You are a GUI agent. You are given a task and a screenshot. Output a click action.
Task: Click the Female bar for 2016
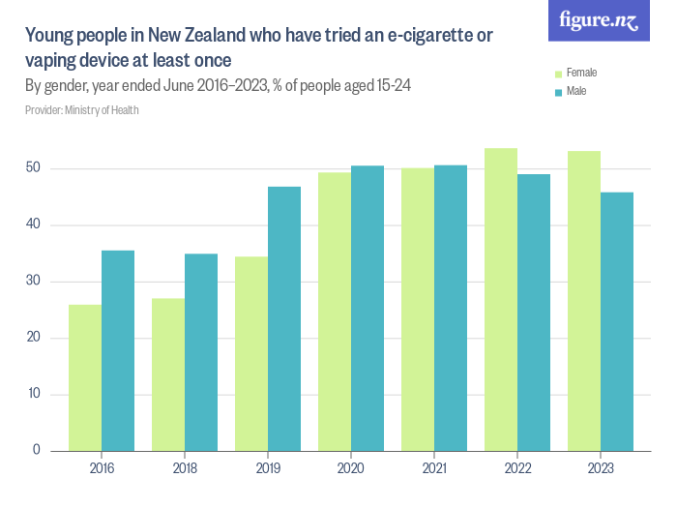[85, 377]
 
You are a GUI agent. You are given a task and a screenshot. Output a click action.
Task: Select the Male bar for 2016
[118, 350]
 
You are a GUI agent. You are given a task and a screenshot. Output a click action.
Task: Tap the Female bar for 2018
[168, 374]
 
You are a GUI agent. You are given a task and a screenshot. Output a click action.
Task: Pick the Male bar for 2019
[284, 318]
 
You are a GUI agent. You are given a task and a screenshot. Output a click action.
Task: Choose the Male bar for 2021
[451, 308]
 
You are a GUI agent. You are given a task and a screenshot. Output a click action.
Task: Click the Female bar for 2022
[501, 299]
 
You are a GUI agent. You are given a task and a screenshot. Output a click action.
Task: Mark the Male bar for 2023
[617, 321]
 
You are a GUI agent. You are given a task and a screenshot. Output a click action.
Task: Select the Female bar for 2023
[584, 301]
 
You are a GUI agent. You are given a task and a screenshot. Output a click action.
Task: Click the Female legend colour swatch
[557, 73]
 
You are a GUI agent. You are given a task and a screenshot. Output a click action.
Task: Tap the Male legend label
[576, 91]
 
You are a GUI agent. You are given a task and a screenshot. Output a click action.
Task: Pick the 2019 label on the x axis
[268, 469]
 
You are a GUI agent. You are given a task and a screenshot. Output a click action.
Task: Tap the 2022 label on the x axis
[517, 469]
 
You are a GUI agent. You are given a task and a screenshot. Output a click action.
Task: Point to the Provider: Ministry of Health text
[82, 110]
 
